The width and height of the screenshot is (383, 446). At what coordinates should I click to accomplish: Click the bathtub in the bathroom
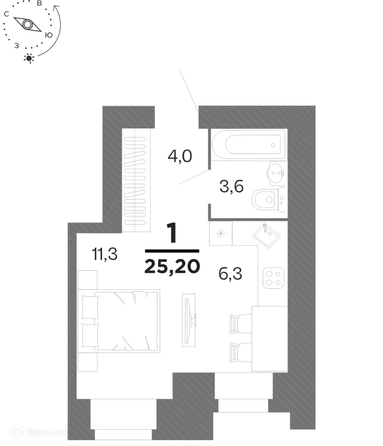[248, 144]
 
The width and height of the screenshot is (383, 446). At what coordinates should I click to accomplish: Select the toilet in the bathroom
[270, 200]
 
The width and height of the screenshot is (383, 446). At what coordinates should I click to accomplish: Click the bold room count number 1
[172, 234]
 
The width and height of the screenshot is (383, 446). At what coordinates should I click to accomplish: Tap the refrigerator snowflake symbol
[220, 233]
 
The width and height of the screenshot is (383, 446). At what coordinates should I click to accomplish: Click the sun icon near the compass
[30, 58]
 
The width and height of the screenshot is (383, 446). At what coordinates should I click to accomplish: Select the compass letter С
[6, 15]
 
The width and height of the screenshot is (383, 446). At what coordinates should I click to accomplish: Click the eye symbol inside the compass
[27, 24]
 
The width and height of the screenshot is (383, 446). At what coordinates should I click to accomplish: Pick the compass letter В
[39, 3]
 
